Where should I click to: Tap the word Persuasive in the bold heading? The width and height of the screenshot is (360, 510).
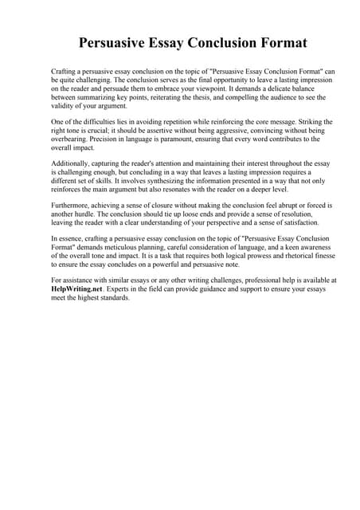[x=119, y=42]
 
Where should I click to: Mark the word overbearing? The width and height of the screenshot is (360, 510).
[x=72, y=139]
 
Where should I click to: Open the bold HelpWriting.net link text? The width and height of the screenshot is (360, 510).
[x=78, y=289]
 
